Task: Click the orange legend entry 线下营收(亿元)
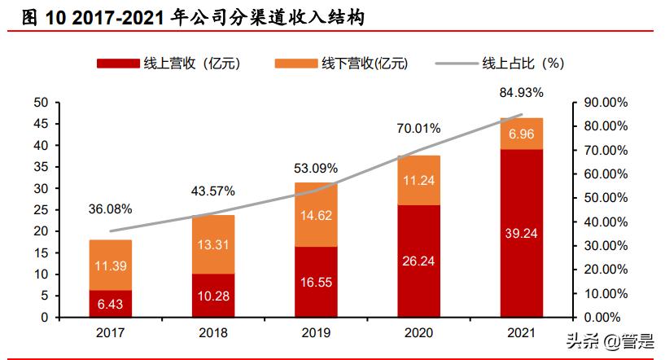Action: pos(342,63)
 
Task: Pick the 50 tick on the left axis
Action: pos(42,103)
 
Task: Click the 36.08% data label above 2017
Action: pos(110,210)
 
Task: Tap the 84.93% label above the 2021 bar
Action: pos(522,92)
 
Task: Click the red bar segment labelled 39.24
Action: pos(522,233)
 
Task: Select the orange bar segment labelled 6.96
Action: pos(522,134)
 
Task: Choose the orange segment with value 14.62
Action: pos(316,215)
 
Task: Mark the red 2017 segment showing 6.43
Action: pos(111,303)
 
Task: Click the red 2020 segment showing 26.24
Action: pos(418,261)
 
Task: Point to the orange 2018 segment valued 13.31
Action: pos(213,244)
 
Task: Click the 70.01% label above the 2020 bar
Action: pos(418,128)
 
